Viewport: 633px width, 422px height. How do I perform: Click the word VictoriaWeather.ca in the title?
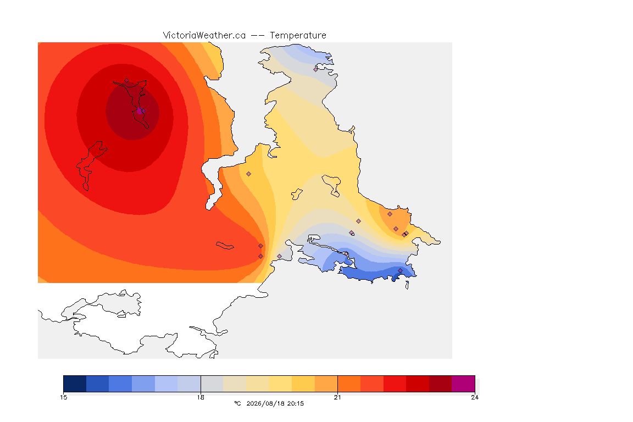point(204,36)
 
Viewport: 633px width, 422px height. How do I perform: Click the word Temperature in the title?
point(298,36)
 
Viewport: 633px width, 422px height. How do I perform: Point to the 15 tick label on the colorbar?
point(64,397)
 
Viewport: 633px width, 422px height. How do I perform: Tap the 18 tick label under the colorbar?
point(201,397)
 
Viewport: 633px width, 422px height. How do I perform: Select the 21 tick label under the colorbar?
point(337,397)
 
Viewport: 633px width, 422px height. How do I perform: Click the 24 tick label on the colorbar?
point(475,397)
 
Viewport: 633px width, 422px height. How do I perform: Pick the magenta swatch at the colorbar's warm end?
point(463,384)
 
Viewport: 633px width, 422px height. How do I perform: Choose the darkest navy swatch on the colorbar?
point(75,384)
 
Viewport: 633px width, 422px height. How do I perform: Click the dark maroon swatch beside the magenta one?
point(441,384)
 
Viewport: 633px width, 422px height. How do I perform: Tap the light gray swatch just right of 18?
point(212,384)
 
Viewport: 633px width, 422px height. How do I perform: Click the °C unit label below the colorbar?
point(238,403)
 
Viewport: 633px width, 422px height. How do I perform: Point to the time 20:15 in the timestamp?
point(296,403)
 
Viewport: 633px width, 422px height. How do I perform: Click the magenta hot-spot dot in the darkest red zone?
point(140,111)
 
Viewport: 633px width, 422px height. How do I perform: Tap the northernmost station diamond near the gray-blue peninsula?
point(316,69)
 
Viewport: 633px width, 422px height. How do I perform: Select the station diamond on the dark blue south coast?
point(400,270)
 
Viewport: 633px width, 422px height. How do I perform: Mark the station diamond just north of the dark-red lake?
point(127,81)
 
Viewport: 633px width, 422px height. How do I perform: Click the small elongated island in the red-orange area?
point(225,246)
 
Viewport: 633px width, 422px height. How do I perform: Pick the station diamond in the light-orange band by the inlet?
point(249,174)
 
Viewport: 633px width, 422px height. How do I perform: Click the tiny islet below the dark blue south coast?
point(407,285)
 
